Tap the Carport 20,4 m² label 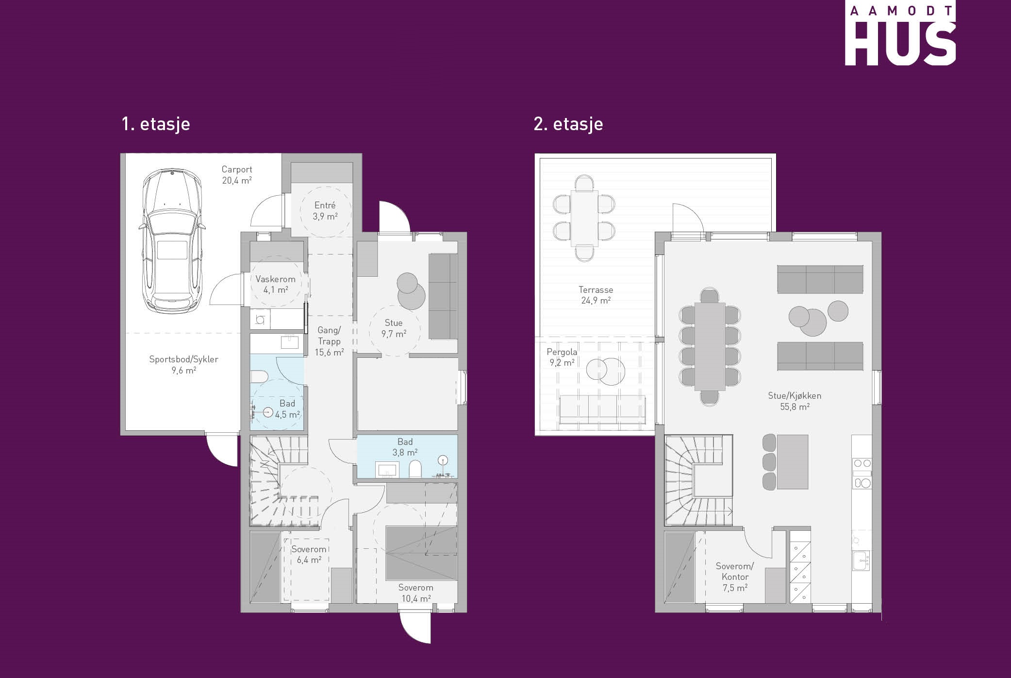pos(237,175)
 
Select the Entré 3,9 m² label pos(325,211)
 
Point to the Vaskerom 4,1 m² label pos(276,285)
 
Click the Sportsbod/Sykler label pos(183,359)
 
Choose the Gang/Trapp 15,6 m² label pos(329,341)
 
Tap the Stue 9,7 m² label pos(394,328)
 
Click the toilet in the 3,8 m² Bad pos(415,469)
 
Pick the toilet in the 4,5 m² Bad pos(259,377)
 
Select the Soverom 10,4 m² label pos(416,593)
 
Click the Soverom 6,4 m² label pos(309,555)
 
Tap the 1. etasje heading pos(156,124)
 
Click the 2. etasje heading pos(568,124)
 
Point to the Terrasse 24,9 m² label pos(596,295)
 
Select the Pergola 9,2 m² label pos(562,357)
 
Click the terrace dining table pos(584,219)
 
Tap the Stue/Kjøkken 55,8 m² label pos(795,401)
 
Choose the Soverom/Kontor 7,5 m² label pos(735,577)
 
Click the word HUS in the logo pos(900,44)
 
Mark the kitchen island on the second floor pos(793,462)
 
